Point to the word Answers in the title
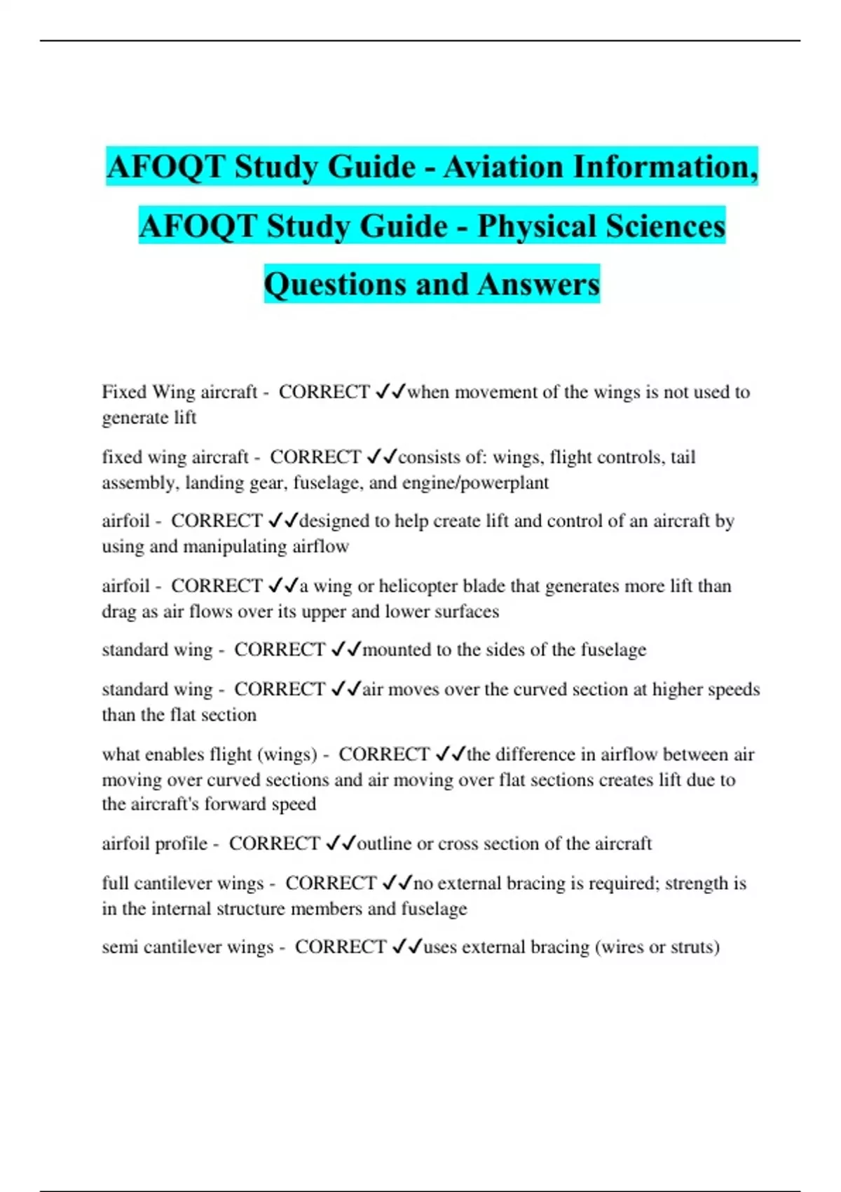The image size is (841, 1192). pos(539,284)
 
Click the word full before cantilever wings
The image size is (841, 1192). pos(115,883)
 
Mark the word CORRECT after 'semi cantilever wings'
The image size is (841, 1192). pos(340,947)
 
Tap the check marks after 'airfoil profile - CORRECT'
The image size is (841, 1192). pos(341,843)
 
